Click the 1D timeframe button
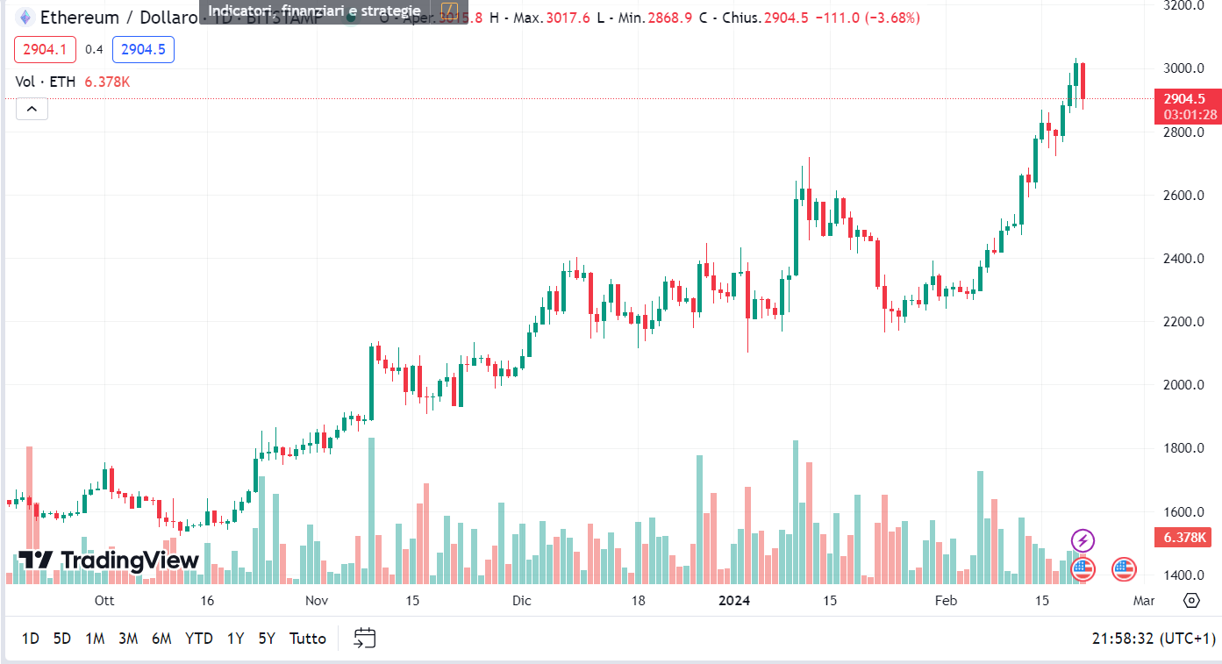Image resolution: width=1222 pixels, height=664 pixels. point(30,639)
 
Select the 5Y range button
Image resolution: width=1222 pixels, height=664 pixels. point(267,639)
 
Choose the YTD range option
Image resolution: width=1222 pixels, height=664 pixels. point(199,639)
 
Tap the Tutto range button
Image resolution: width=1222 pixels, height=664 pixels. point(307,639)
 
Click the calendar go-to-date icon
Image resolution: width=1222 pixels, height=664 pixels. point(365,638)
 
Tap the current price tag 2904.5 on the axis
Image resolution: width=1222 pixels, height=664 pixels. point(1185,99)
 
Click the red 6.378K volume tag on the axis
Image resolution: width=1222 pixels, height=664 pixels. point(1185,538)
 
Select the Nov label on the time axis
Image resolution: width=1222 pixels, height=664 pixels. point(317,601)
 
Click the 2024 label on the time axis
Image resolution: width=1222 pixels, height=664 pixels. point(733,601)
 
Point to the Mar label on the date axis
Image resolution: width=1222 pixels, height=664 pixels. point(1143,601)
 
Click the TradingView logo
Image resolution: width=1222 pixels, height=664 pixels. point(109,560)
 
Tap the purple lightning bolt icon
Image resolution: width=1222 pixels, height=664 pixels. point(1083,540)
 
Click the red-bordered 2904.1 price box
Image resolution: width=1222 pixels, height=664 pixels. point(45,50)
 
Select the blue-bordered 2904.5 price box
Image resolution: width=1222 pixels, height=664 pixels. point(143,50)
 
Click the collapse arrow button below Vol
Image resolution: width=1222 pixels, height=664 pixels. point(32,109)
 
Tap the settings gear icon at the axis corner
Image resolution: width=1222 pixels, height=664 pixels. point(1191,601)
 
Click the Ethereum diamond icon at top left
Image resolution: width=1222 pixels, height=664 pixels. point(25,18)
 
